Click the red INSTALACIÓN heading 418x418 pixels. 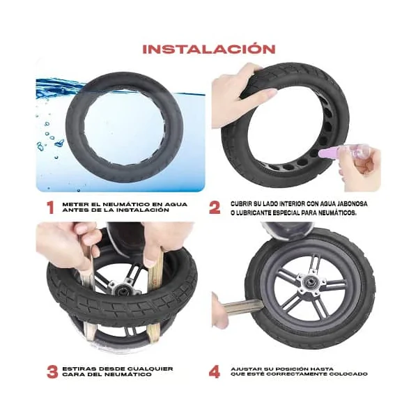[209, 49]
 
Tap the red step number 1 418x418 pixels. [50, 207]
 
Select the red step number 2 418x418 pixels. [215, 207]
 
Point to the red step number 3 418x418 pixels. [52, 371]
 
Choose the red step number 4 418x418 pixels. [215, 371]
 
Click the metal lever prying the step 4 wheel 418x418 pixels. [241, 307]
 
